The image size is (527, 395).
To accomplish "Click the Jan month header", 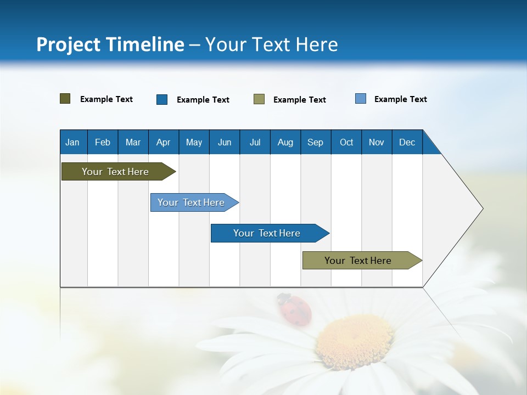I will click(x=73, y=142).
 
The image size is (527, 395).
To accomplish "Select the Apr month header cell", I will click(x=164, y=142).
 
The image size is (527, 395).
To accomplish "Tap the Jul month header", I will click(x=255, y=142).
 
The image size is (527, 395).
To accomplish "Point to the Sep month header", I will click(x=316, y=142).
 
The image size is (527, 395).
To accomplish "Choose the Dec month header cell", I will click(x=407, y=142).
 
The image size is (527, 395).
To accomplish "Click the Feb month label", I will click(x=103, y=142).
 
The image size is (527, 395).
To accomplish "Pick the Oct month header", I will click(x=346, y=142).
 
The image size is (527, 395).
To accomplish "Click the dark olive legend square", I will click(x=65, y=99).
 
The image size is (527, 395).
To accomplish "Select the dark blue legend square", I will click(x=162, y=99).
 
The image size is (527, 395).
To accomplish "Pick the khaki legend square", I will click(x=259, y=99).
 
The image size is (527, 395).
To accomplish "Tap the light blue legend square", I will click(x=361, y=99).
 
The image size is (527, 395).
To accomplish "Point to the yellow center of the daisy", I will click(x=354, y=340).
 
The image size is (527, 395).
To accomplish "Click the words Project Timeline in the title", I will click(x=110, y=44).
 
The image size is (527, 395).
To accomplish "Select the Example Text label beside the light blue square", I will click(x=400, y=99).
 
